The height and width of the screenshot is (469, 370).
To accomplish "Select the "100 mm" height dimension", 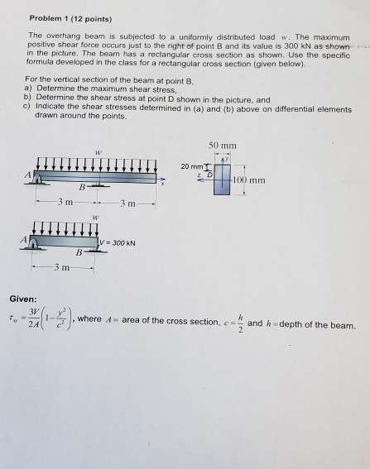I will coord(248,179).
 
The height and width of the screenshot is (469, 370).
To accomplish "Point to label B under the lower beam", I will coord(79,251).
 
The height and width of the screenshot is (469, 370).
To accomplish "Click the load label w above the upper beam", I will coord(98,151).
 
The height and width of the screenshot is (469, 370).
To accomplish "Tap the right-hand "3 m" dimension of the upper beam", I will coord(124,203).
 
